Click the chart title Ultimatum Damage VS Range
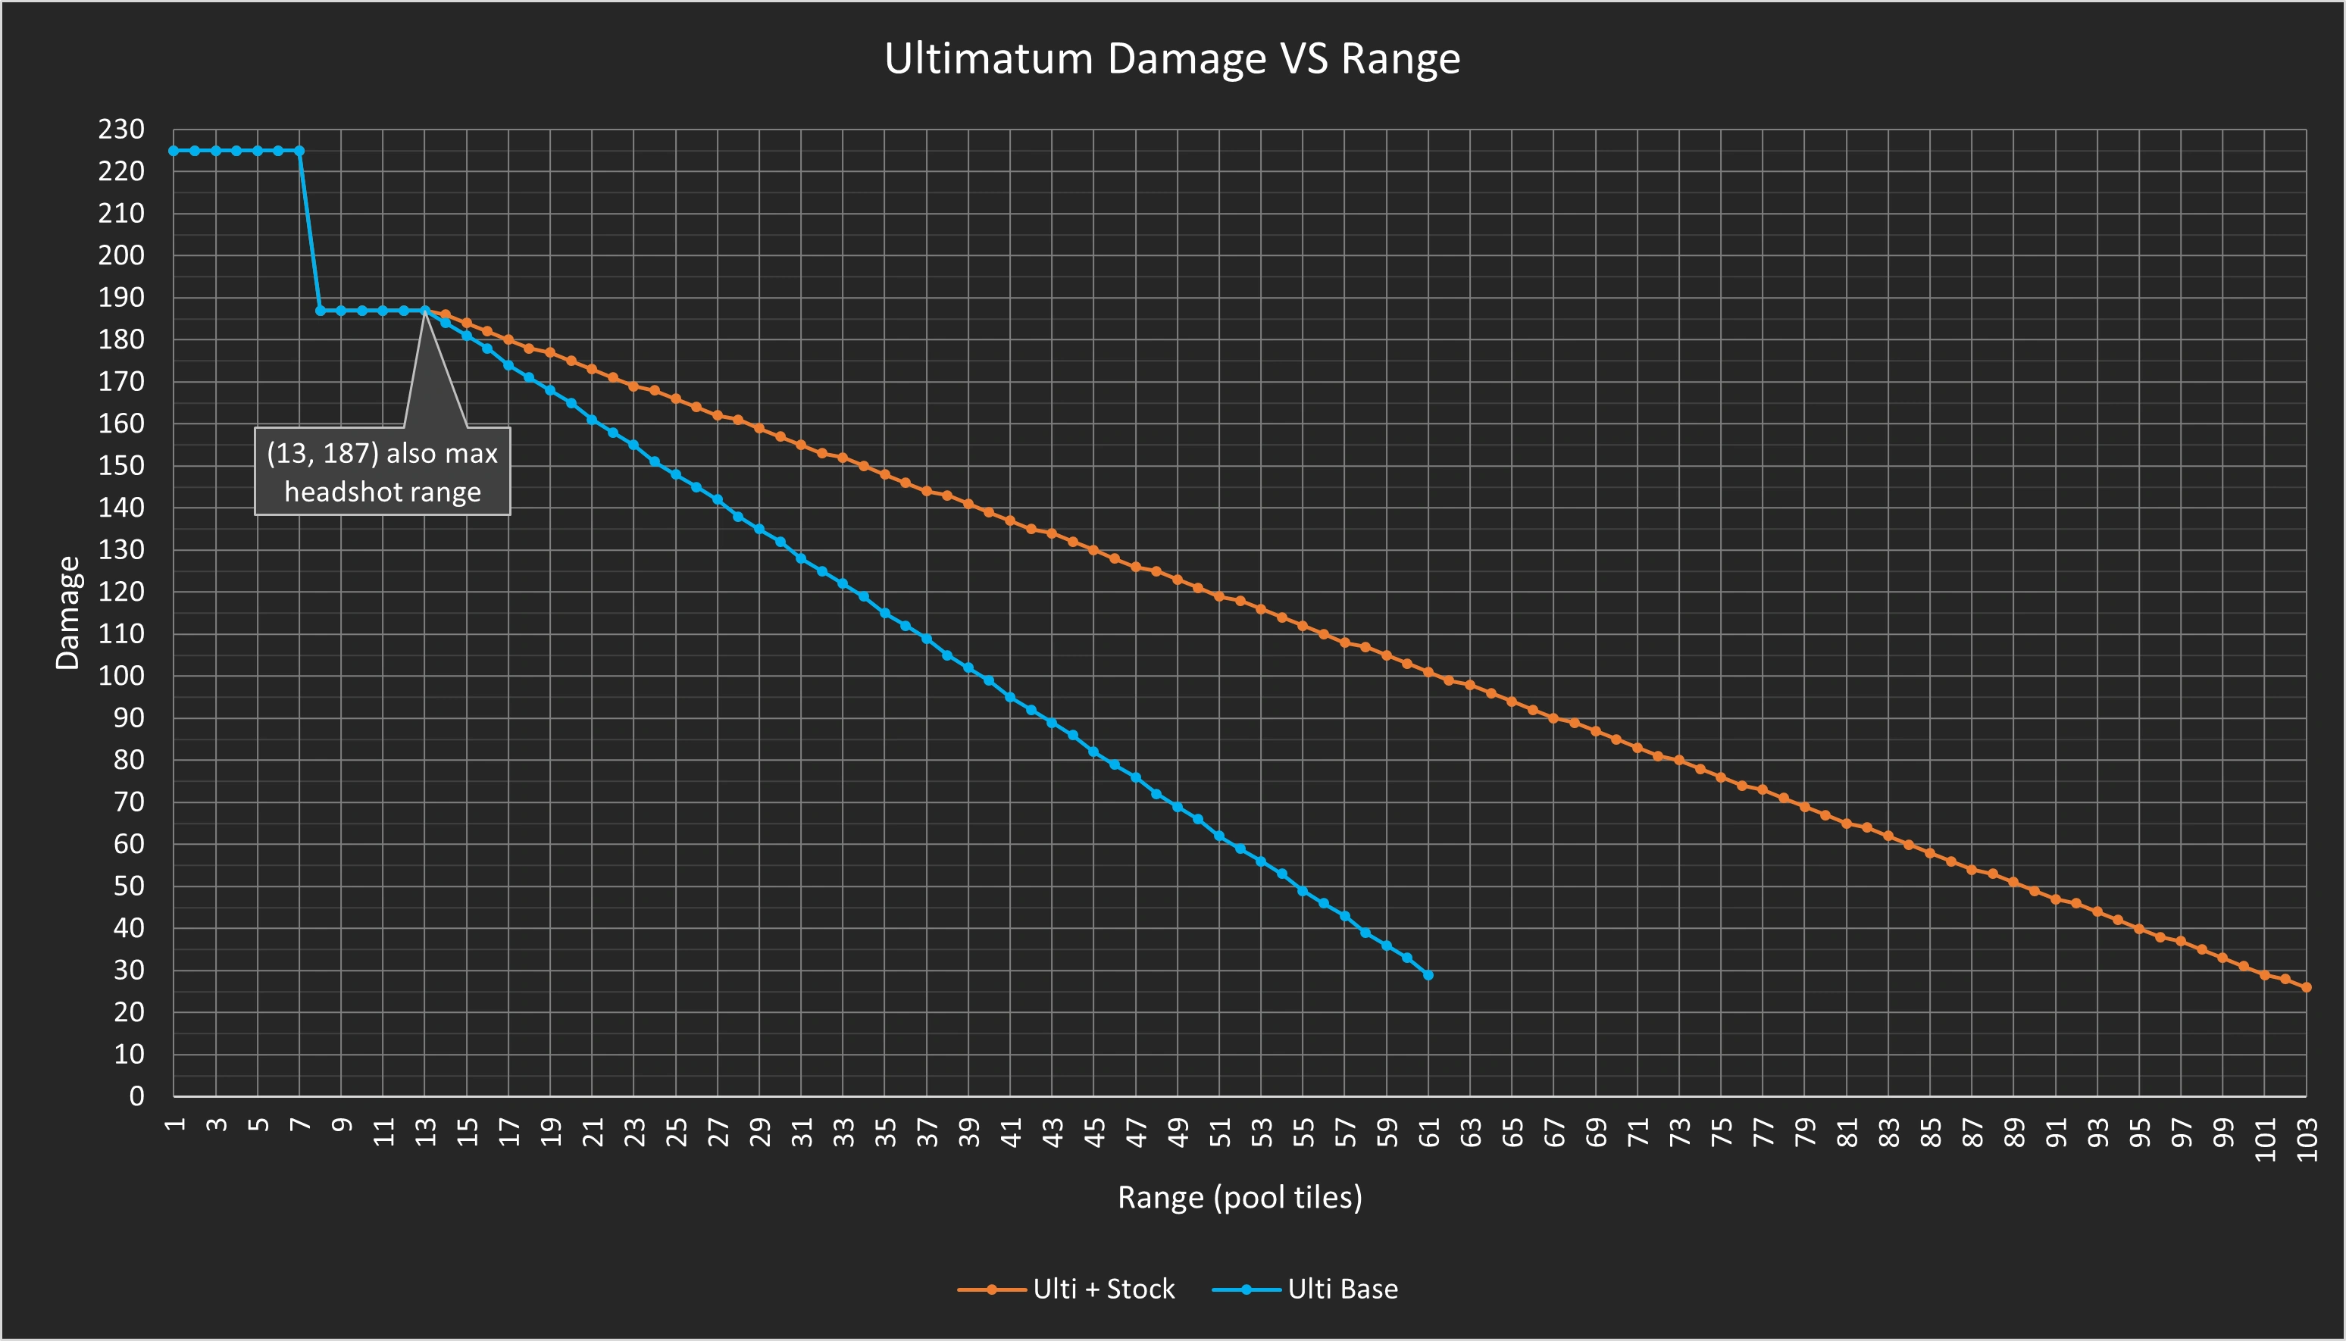click(1171, 59)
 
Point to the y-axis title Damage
click(68, 612)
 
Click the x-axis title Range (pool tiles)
click(1239, 1196)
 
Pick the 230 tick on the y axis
click(121, 130)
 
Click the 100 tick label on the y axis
click(121, 676)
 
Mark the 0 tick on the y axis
click(136, 1096)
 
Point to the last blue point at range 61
click(1428, 974)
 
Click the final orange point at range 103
click(2307, 987)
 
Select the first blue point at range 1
click(174, 151)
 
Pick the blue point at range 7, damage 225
click(299, 151)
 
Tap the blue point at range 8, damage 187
click(321, 311)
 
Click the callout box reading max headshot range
click(382, 471)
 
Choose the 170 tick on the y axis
click(121, 381)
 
